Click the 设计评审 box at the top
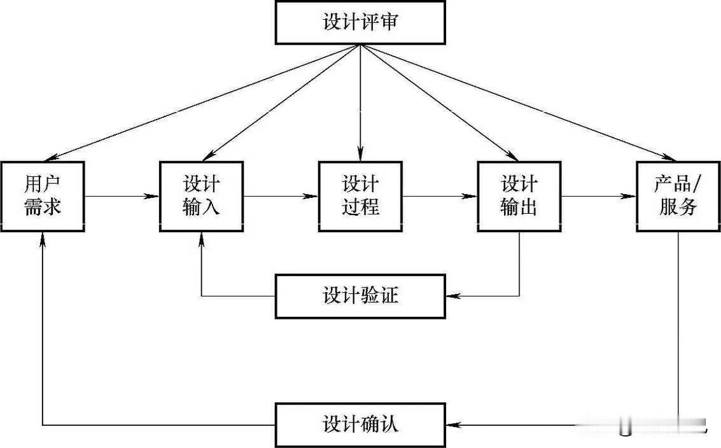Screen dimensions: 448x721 360,22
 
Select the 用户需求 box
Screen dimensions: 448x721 43,196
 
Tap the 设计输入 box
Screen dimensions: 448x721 201,196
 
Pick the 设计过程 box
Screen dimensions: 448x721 360,196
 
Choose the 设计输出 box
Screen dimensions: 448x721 519,196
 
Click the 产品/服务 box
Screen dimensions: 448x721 678,196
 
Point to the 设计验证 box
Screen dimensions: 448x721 360,296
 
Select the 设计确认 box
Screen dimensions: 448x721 360,424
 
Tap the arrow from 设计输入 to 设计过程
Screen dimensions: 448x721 280,196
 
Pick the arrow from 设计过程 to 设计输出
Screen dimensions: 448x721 439,196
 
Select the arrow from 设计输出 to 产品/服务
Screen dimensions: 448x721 598,196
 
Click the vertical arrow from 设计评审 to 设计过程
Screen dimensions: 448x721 360,102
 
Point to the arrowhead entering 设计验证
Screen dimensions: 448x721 452,296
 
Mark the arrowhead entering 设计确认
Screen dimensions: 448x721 452,424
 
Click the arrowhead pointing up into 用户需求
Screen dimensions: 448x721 43,238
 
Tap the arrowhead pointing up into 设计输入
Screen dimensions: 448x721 201,238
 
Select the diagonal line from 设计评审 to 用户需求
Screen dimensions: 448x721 204,102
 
